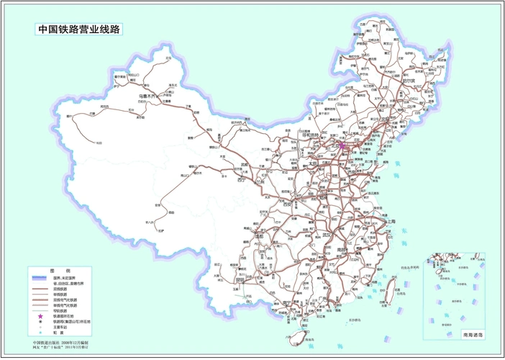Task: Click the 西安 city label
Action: pos(288,204)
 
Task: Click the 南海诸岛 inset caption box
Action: pos(471,335)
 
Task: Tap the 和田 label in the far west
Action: pos(99,143)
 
